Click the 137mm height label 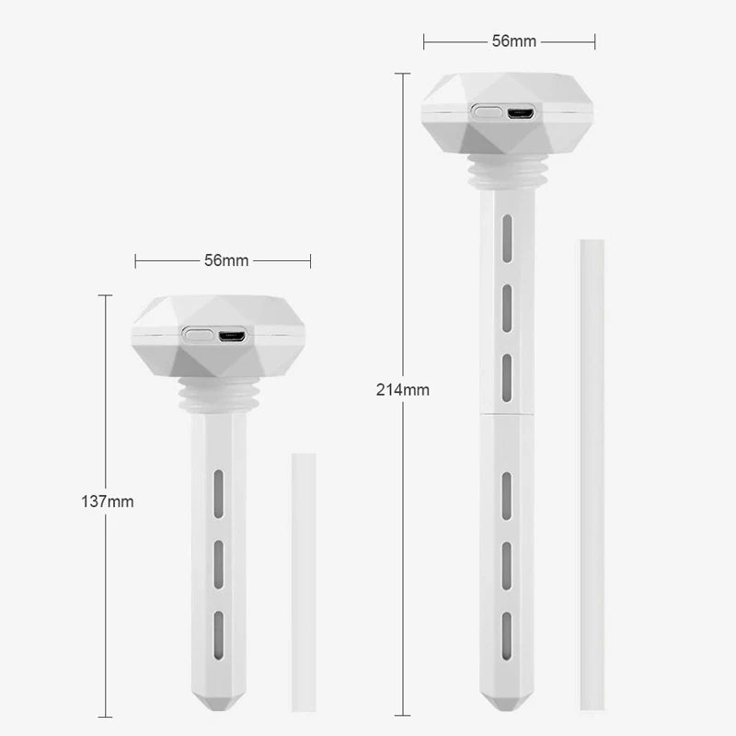click(108, 501)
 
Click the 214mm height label click(402, 389)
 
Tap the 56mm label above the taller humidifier click(513, 41)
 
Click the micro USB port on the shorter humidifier click(231, 335)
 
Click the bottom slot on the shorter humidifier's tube click(219, 637)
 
